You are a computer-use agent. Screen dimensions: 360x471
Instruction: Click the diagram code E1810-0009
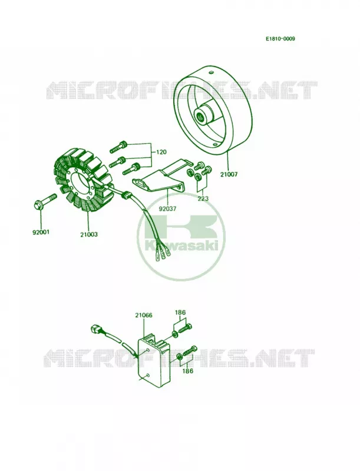coord(280,39)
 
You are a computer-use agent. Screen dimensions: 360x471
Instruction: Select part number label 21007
coord(229,174)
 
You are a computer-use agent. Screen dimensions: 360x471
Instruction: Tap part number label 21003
coord(89,234)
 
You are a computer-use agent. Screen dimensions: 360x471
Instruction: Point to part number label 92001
coord(41,232)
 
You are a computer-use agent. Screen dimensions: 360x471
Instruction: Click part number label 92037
coord(168,208)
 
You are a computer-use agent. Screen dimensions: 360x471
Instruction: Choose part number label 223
coord(203,198)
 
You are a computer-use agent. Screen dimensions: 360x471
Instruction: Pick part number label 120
coord(161,152)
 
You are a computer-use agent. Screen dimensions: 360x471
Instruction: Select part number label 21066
coord(143,315)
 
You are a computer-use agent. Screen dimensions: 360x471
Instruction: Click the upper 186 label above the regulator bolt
coord(180,313)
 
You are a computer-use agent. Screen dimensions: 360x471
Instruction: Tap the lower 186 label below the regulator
coord(187,371)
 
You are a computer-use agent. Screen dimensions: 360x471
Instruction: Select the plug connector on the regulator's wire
coord(95,329)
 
